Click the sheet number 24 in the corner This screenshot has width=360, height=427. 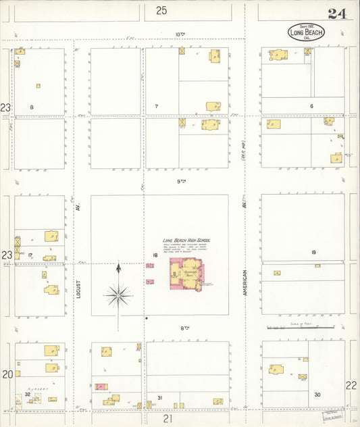click(x=337, y=14)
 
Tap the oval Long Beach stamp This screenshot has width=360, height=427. click(x=306, y=32)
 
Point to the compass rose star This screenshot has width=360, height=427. click(x=118, y=295)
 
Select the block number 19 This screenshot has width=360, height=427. click(x=313, y=252)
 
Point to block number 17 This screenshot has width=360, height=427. click(x=30, y=255)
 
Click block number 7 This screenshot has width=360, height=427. click(x=156, y=107)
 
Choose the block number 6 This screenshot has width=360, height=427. click(x=311, y=106)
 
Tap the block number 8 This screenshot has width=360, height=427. click(x=32, y=107)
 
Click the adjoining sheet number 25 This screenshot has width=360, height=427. click(x=161, y=10)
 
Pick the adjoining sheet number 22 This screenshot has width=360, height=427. click(x=351, y=384)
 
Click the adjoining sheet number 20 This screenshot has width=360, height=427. click(x=7, y=374)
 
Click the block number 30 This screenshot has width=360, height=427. click(x=317, y=394)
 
